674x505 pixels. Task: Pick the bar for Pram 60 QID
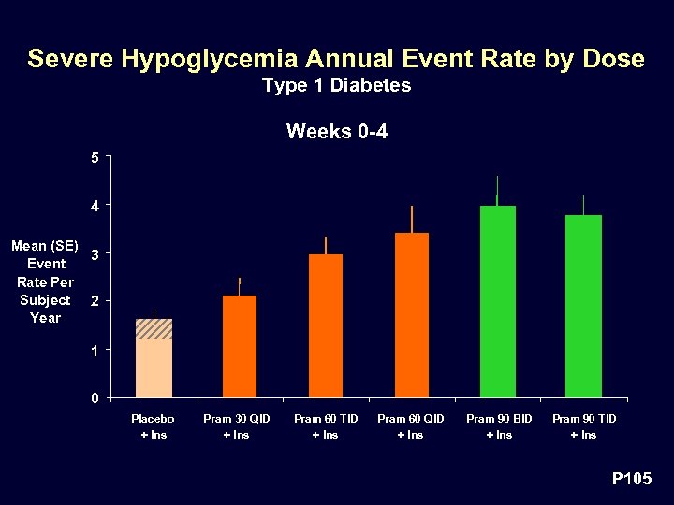pyautogui.click(x=411, y=315)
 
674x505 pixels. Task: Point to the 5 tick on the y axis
pyautogui.click(x=95, y=156)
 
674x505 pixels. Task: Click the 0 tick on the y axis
pyautogui.click(x=95, y=397)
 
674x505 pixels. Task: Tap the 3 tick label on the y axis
pyautogui.click(x=95, y=253)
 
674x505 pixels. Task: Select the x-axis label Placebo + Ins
pyautogui.click(x=153, y=426)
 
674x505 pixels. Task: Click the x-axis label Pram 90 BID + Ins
pyautogui.click(x=498, y=426)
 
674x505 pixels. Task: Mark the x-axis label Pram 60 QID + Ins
pyautogui.click(x=411, y=426)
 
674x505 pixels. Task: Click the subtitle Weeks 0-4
pyautogui.click(x=336, y=131)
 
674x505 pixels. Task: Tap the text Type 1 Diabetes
pyautogui.click(x=336, y=86)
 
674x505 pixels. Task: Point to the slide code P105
pyautogui.click(x=631, y=479)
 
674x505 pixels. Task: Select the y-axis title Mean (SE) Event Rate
pyautogui.click(x=44, y=281)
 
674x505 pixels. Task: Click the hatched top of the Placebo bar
pyautogui.click(x=154, y=328)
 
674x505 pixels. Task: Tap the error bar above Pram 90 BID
pyautogui.click(x=497, y=190)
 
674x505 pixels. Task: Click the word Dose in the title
pyautogui.click(x=614, y=59)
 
